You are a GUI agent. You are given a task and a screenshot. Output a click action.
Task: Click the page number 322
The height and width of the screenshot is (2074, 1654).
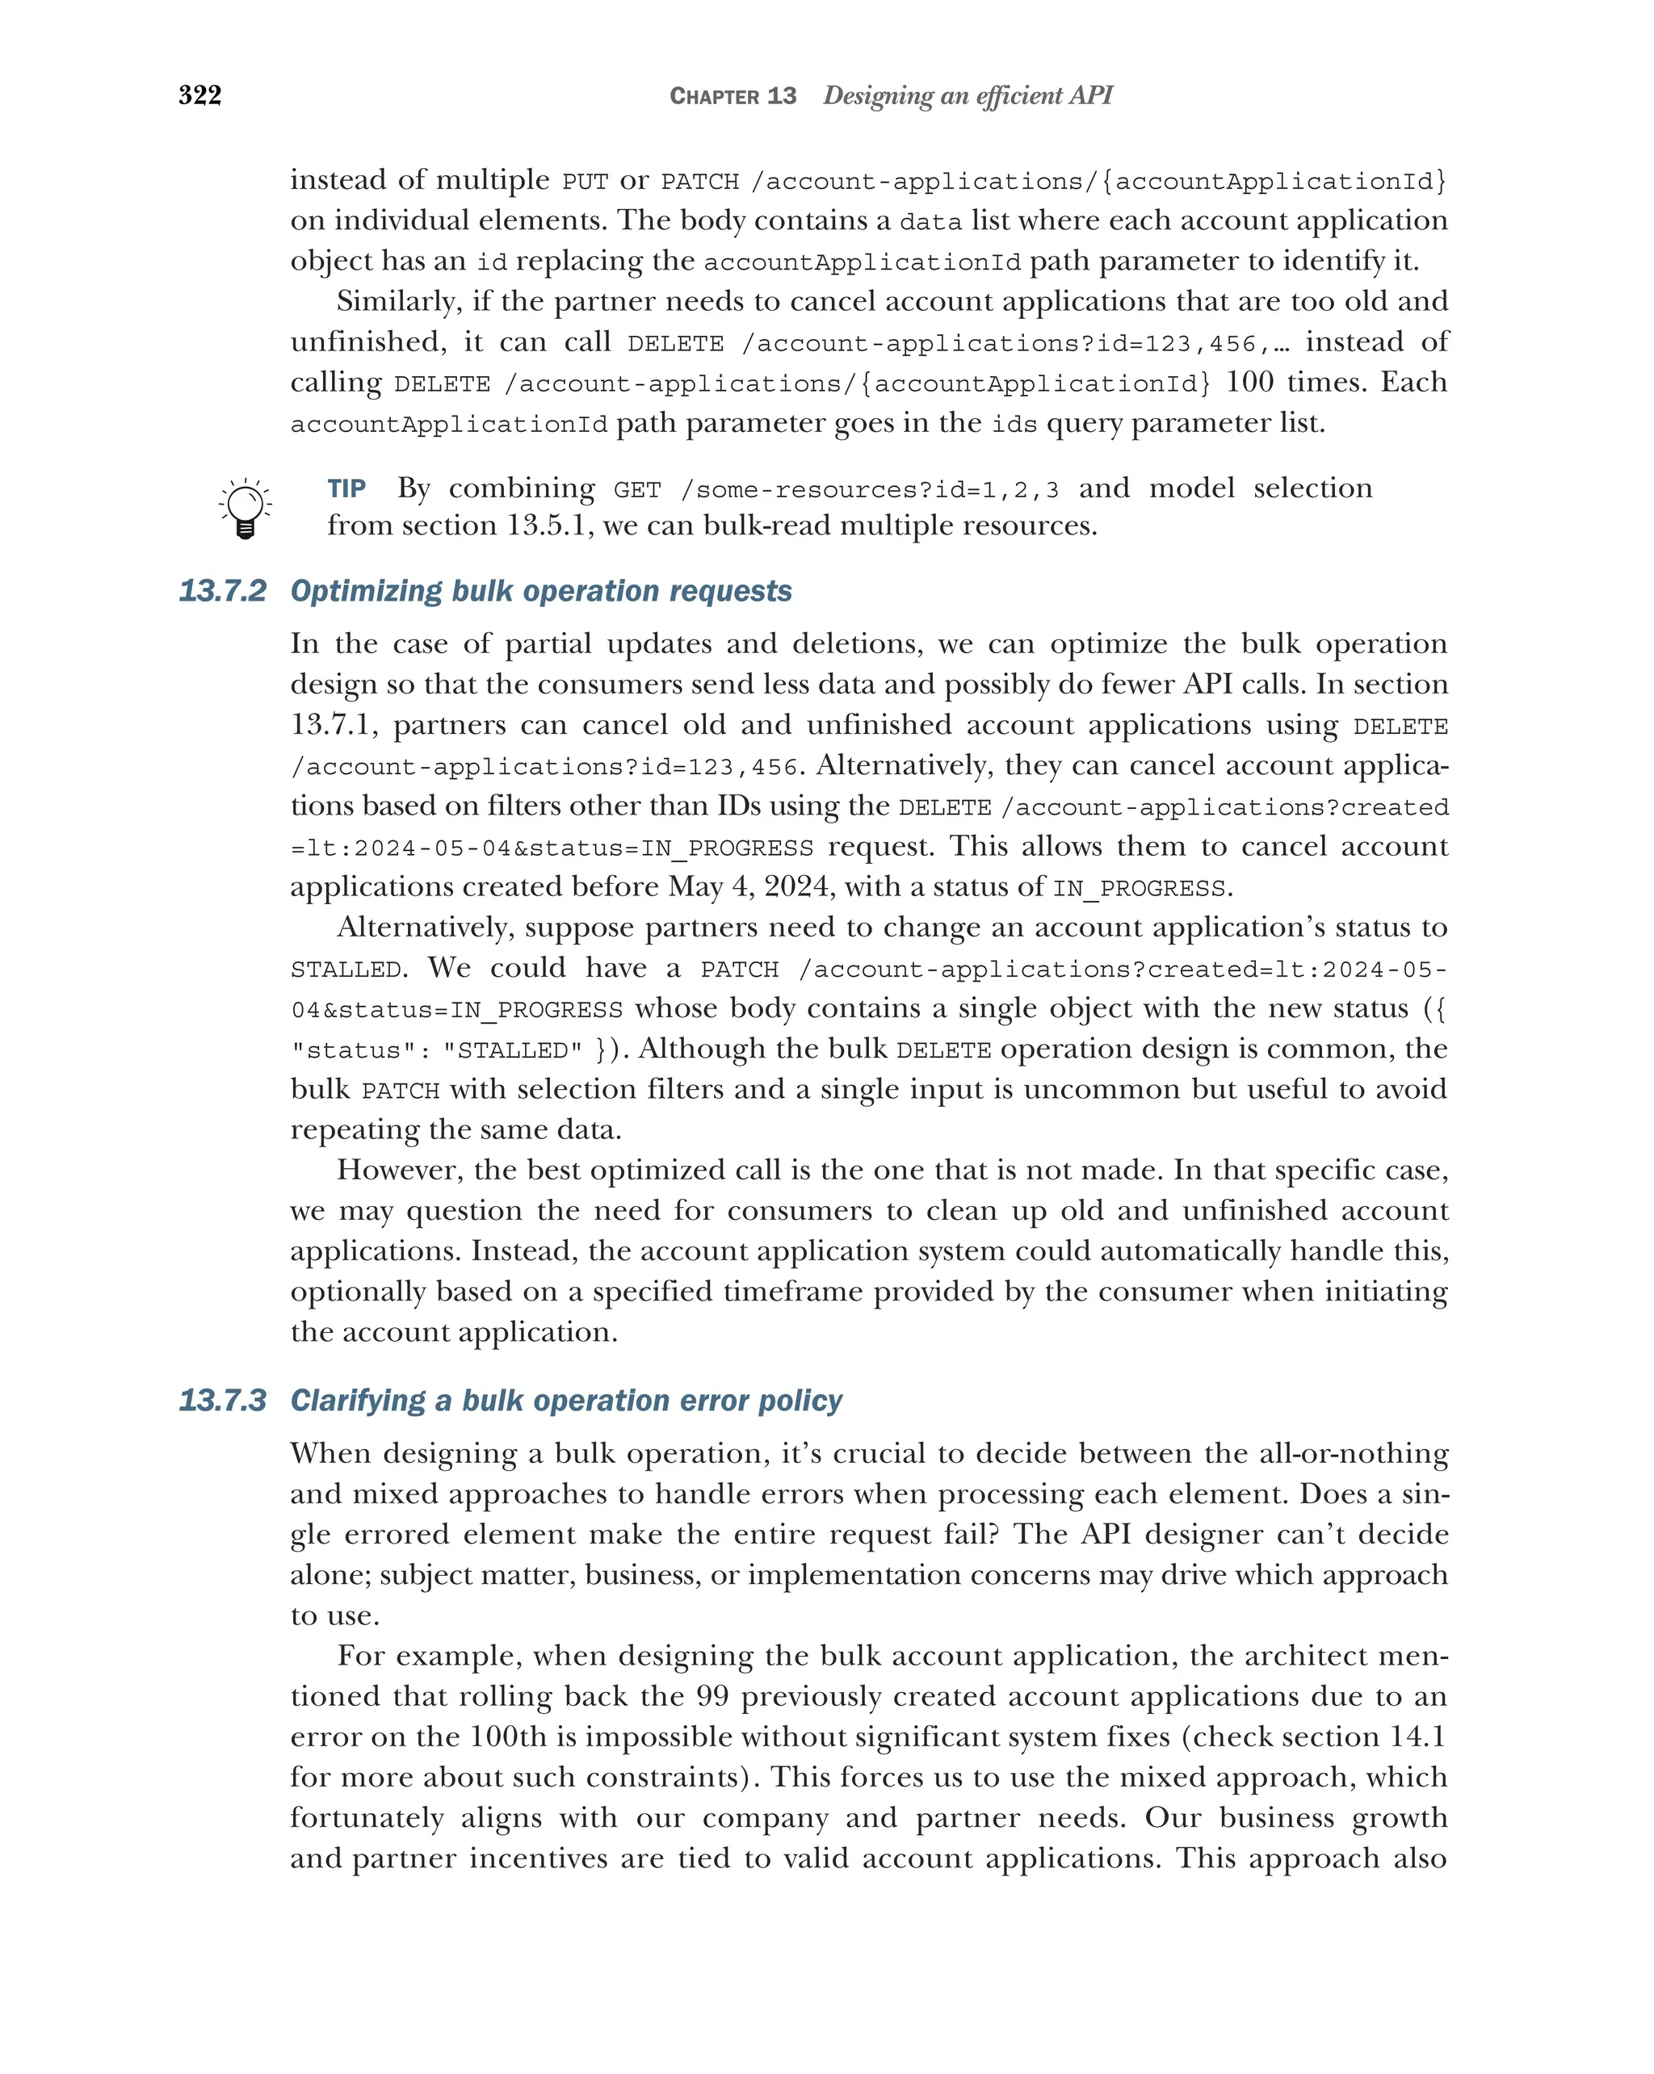[x=200, y=94]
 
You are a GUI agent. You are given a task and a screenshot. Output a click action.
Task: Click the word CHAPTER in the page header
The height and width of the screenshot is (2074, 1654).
[x=714, y=96]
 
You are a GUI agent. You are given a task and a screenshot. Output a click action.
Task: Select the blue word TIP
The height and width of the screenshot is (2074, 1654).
[x=346, y=488]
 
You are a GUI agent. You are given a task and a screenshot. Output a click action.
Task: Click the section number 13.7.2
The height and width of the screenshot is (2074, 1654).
[x=222, y=591]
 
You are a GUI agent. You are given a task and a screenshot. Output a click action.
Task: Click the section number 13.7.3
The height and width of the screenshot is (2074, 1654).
[x=222, y=1400]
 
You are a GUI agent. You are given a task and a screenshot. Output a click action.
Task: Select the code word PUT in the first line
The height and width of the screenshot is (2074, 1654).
[x=585, y=182]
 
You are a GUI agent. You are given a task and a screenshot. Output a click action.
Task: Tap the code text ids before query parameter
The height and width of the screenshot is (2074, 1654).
[x=1014, y=424]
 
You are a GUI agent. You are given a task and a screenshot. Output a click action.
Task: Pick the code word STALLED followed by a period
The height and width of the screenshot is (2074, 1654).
[x=346, y=970]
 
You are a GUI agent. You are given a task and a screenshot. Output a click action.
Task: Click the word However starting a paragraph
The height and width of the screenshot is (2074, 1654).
[x=399, y=1170]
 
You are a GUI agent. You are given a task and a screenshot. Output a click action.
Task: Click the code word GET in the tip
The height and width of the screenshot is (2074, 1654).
[x=637, y=491]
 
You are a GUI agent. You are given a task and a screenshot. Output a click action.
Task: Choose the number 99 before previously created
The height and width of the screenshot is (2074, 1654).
[x=712, y=1696]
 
